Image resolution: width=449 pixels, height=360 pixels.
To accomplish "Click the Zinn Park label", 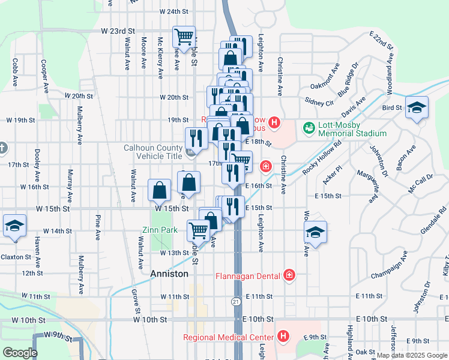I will (160, 230).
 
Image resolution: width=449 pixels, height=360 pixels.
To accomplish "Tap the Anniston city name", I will (169, 274).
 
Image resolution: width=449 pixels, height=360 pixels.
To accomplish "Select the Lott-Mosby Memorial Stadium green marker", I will (309, 128).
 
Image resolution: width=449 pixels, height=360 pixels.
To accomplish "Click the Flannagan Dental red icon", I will (290, 275).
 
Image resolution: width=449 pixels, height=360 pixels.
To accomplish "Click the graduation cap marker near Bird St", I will (417, 109).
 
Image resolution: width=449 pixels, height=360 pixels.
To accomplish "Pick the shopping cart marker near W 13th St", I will (198, 230).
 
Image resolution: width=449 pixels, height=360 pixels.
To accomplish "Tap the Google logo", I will (20, 353).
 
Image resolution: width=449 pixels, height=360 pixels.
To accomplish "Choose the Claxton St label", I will (15, 257).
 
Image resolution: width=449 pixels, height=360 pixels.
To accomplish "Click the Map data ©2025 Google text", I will (412, 355).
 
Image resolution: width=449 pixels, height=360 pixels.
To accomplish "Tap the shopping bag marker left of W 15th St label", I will (160, 191).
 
